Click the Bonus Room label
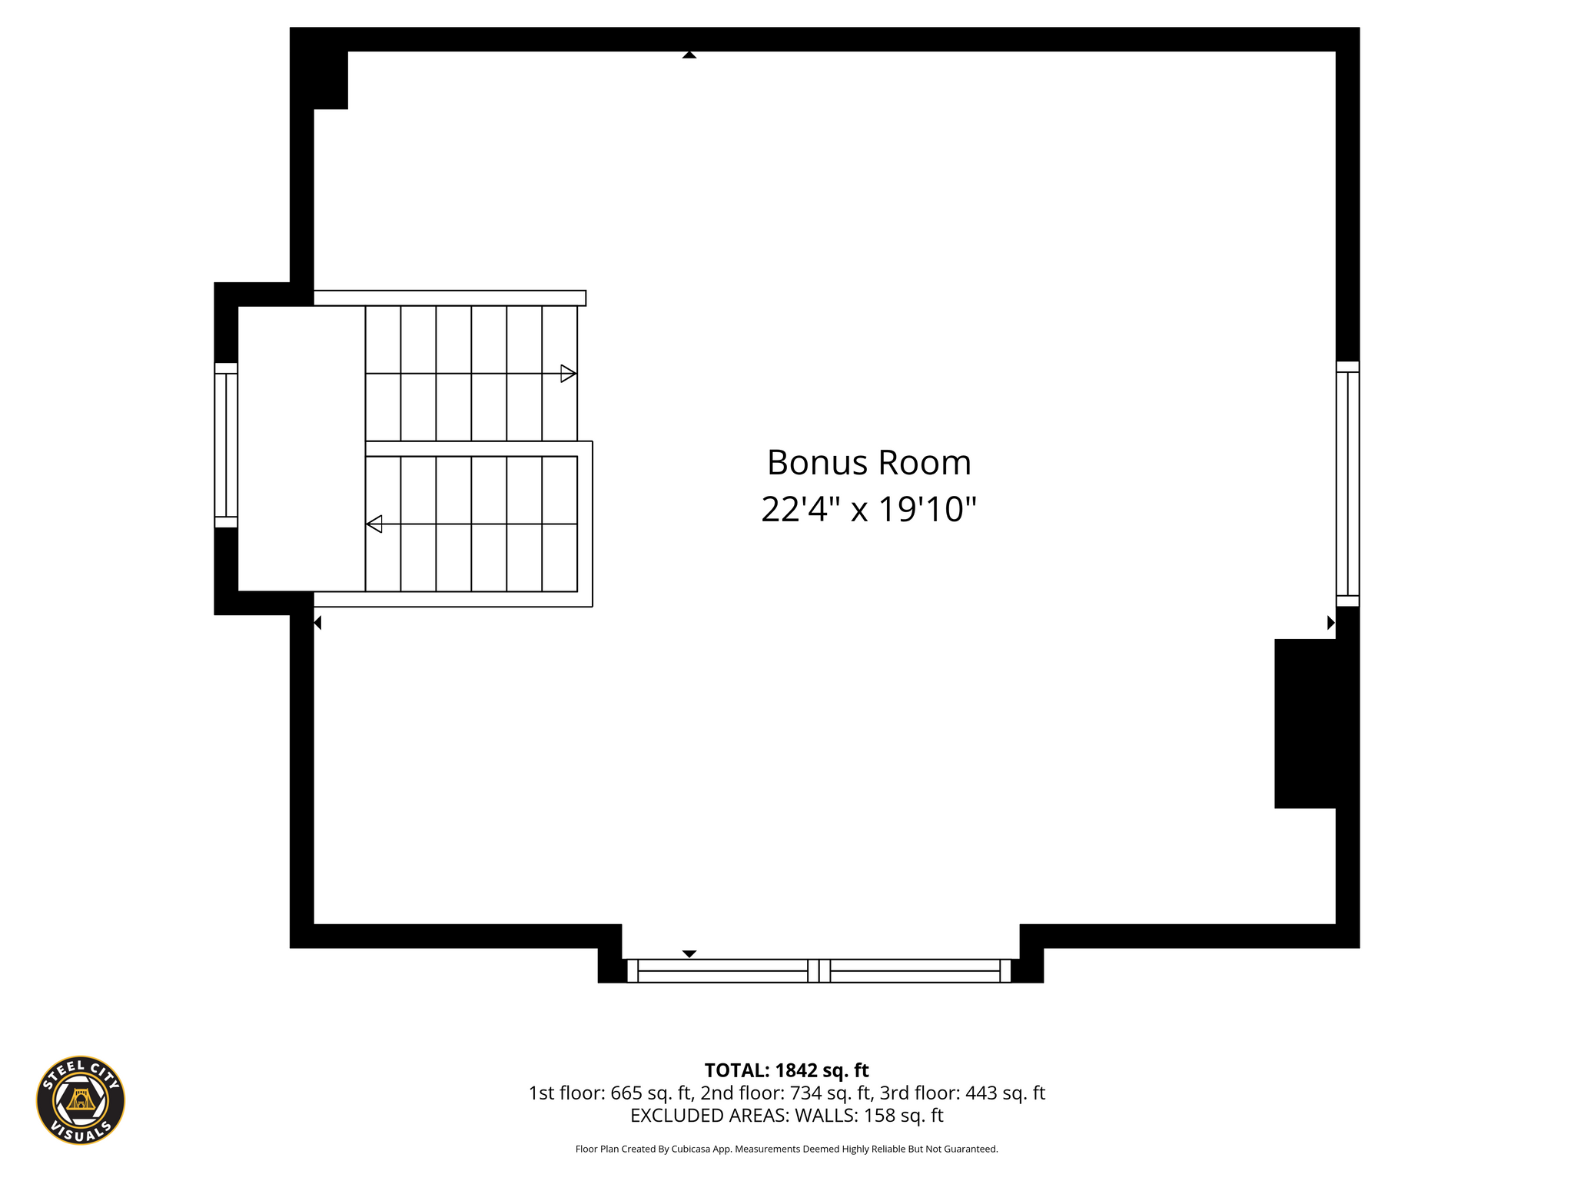tap(869, 463)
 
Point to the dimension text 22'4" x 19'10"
tap(868, 509)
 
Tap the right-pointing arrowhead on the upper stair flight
tap(569, 374)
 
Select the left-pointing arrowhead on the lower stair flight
tap(374, 524)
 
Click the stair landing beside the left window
tap(301, 449)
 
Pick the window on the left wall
tap(226, 445)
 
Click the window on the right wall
tap(1347, 484)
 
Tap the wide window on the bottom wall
tap(819, 970)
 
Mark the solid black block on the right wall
tap(1305, 724)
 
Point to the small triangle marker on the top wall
tap(689, 55)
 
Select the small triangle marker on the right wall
tap(1331, 623)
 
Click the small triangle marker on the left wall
tap(317, 623)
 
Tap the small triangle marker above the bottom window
tap(689, 954)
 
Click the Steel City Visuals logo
tap(81, 1100)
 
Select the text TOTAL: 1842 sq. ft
tap(786, 1070)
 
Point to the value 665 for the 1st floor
tap(626, 1093)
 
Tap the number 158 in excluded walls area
tap(880, 1115)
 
